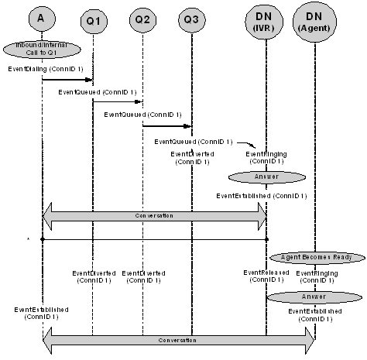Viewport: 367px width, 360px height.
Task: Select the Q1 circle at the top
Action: pyautogui.click(x=92, y=20)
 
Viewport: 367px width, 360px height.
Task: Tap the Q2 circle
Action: pyautogui.click(x=142, y=20)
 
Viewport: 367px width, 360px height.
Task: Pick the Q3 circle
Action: pyautogui.click(x=191, y=20)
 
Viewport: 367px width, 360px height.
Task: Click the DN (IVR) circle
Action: pyautogui.click(x=266, y=21)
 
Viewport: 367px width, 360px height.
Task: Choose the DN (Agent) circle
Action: pyautogui.click(x=315, y=21)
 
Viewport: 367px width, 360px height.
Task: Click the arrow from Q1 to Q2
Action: pyautogui.click(x=118, y=101)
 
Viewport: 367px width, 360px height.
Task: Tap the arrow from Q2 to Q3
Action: pyautogui.click(x=167, y=125)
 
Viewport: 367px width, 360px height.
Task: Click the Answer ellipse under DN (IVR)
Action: pyautogui.click(x=266, y=176)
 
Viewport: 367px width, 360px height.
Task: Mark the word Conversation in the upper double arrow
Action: pyautogui.click(x=154, y=215)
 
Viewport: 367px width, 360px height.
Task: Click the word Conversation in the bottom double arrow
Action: pyautogui.click(x=178, y=340)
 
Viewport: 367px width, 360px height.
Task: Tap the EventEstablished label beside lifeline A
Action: pyautogui.click(x=40, y=313)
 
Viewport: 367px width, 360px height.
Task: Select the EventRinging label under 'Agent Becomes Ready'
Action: pyautogui.click(x=316, y=276)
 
